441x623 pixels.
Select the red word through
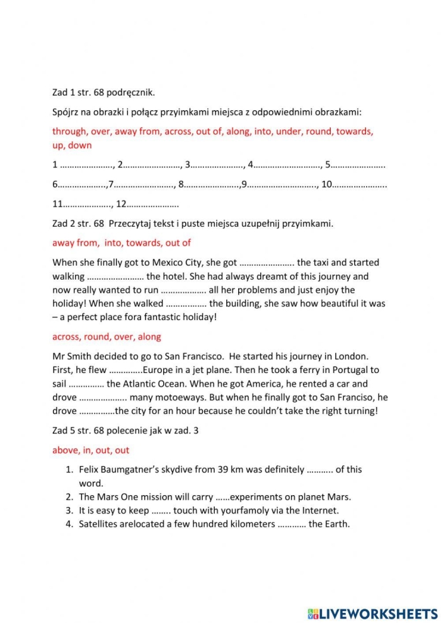[72, 132]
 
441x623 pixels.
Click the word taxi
[328, 263]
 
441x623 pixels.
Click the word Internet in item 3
[321, 510]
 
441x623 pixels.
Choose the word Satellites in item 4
[100, 524]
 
